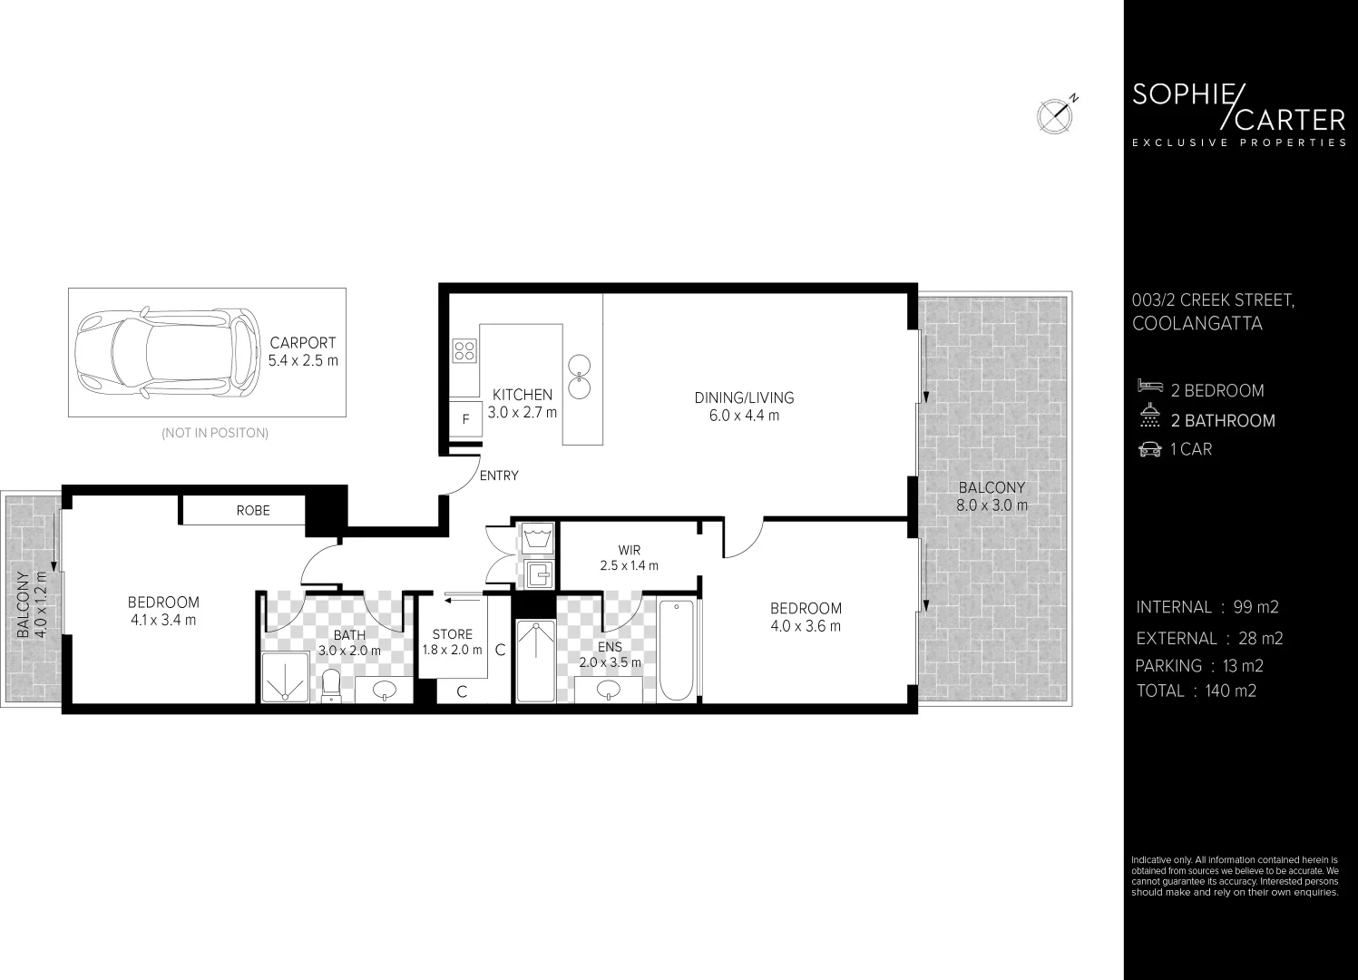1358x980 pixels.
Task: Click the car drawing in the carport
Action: [164, 354]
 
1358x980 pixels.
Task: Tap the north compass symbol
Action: [1055, 114]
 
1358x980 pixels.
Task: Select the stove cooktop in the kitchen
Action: [464, 350]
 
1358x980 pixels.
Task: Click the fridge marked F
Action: [466, 420]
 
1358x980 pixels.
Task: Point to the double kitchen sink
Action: [579, 377]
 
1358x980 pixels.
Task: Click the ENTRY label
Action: [498, 475]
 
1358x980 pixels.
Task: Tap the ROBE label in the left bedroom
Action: [252, 510]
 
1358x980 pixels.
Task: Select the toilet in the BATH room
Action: [331, 686]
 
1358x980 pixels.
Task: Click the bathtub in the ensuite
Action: [676, 650]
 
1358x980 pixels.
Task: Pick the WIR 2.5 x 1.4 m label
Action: [629, 558]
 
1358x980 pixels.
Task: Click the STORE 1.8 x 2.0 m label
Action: [452, 642]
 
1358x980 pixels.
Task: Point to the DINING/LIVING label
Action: [744, 407]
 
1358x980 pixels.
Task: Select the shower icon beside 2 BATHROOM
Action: [1149, 417]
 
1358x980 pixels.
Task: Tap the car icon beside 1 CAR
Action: [1149, 449]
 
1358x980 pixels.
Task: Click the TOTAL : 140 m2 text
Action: [1196, 691]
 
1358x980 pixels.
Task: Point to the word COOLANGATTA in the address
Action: [1197, 324]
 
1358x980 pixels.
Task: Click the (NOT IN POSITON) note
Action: [215, 433]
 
